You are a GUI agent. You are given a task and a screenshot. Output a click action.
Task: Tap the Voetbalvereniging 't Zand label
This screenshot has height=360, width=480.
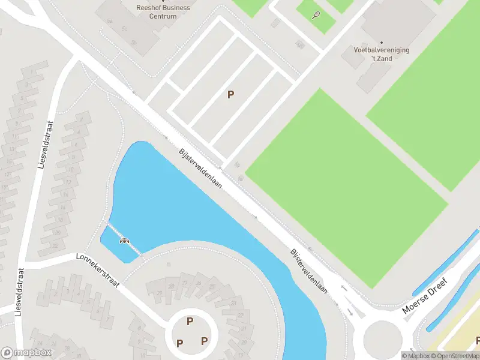381,54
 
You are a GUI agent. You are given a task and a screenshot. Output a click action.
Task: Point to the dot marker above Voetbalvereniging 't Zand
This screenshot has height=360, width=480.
382,43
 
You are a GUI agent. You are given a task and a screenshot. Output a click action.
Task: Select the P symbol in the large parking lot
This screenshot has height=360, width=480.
230,94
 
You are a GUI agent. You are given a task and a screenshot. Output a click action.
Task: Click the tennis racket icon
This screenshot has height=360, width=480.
316,16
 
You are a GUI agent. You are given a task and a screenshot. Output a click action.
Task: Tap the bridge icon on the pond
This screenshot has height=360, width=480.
125,241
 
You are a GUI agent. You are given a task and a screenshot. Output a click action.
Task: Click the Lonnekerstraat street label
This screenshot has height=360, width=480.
99,270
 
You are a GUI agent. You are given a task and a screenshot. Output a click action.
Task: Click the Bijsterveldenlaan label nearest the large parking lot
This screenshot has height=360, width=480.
200,169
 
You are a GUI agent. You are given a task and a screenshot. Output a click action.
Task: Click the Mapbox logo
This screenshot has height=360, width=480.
26,353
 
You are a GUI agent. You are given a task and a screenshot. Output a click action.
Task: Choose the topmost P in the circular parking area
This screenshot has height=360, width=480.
190,321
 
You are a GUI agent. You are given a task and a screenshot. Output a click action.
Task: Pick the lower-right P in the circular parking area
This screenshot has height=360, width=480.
204,341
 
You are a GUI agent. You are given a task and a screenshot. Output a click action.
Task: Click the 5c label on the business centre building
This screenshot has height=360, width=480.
125,29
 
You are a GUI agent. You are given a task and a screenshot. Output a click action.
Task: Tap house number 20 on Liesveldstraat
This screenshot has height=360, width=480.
58,233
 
